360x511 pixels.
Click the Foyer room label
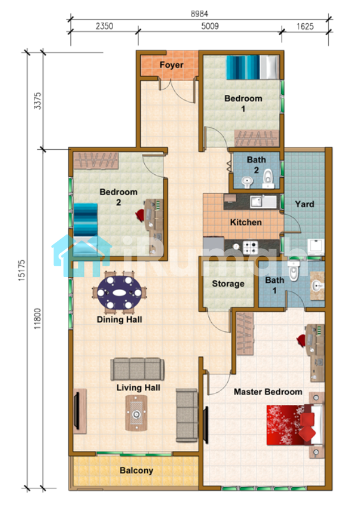[171, 65]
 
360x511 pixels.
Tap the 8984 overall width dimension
[199, 14]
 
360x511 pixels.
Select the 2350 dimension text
[104, 26]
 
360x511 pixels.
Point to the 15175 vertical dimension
[21, 270]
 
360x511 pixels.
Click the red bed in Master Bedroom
[295, 425]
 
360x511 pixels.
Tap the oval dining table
[120, 292]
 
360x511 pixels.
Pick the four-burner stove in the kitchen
[250, 248]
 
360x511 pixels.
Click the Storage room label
[228, 283]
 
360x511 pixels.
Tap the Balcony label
[136, 470]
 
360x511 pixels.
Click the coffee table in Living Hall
[136, 413]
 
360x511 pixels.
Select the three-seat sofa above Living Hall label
[137, 369]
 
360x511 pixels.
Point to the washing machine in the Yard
[316, 248]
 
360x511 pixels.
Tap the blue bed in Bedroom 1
[253, 68]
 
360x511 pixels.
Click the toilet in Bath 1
[293, 271]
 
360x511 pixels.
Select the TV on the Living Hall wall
[77, 411]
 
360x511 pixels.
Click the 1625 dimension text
[305, 26]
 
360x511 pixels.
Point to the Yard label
[304, 204]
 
